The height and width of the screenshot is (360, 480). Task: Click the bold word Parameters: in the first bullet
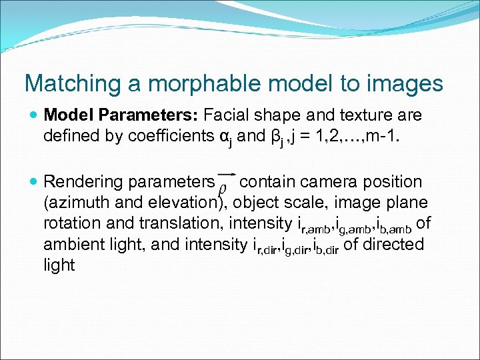(147, 115)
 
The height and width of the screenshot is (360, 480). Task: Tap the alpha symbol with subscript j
(227, 137)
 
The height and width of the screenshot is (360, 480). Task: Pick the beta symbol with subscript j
(278, 137)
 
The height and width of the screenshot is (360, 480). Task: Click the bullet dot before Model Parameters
(33, 115)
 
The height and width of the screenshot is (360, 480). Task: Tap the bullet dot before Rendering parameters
(33, 181)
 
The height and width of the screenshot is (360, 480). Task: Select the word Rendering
(83, 181)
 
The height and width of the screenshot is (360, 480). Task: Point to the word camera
(327, 181)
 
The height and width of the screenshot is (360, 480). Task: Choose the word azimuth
(81, 202)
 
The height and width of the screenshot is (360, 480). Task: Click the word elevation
(185, 202)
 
